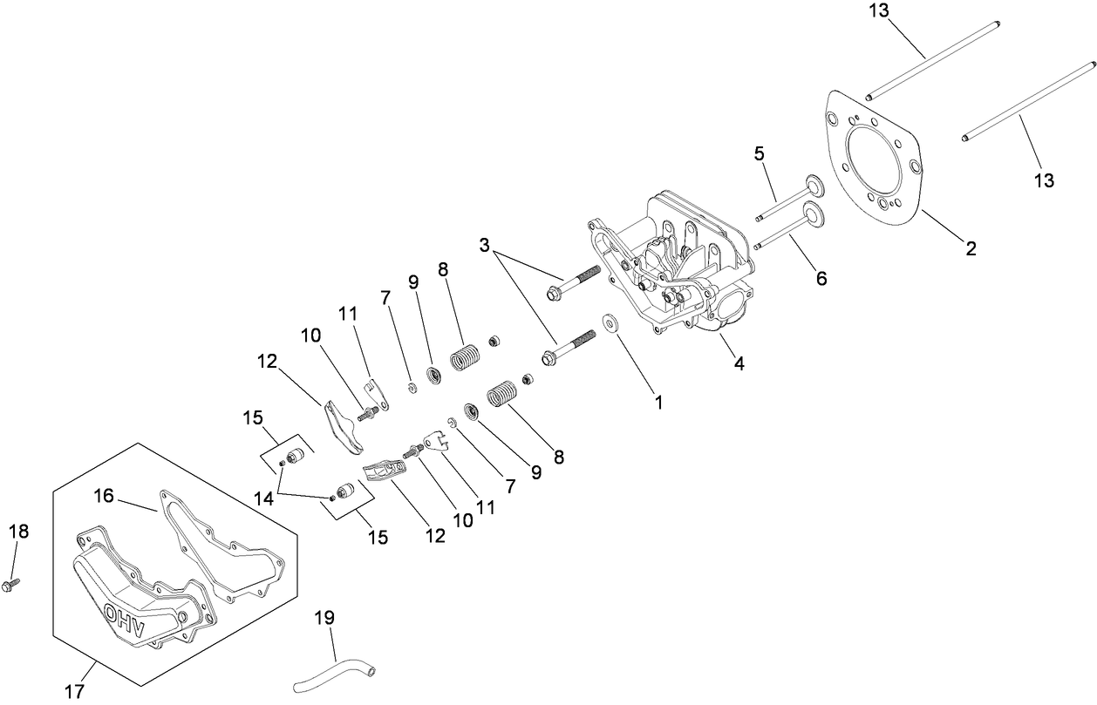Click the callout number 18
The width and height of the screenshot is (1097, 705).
[x=18, y=532]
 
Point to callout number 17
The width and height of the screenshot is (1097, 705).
[x=74, y=692]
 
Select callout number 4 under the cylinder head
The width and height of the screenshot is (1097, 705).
[x=739, y=364]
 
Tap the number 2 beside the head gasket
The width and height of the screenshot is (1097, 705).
[x=970, y=248]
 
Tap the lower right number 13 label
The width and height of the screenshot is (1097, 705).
[x=1044, y=180]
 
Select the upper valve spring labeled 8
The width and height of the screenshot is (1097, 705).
[x=465, y=357]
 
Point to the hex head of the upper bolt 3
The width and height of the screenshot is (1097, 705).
[x=554, y=295]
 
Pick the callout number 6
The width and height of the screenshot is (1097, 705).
[x=819, y=279]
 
